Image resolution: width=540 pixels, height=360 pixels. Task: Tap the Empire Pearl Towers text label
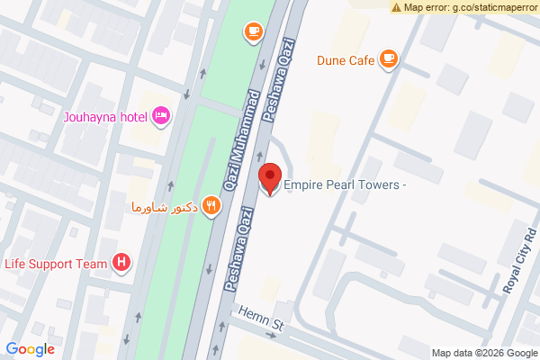pos(346,186)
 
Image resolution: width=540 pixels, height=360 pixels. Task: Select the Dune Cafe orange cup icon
pos(389,59)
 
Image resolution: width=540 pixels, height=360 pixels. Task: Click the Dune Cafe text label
pos(345,61)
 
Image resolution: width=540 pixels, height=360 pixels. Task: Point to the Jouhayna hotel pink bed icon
pos(162,114)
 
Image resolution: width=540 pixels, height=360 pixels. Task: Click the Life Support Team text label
pos(57,264)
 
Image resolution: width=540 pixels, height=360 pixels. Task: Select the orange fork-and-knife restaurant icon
pos(211,205)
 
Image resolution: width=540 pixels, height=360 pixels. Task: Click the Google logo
pos(30,349)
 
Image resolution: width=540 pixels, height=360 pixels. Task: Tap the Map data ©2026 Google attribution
pos(482,352)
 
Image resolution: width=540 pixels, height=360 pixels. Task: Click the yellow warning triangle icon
pos(396,7)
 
